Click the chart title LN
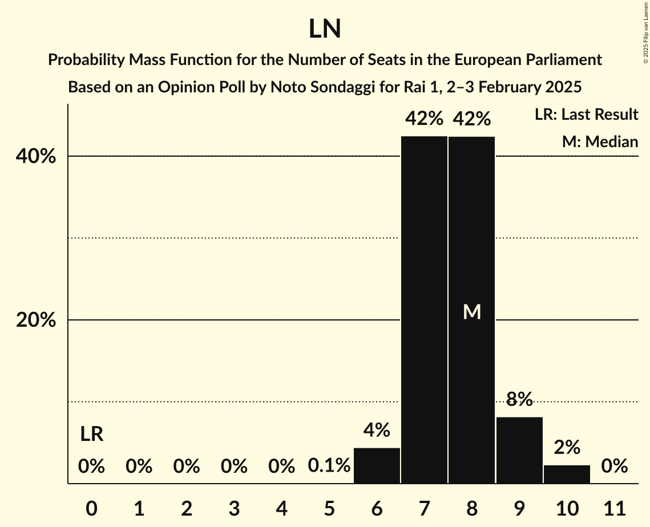point(325,30)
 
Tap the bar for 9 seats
point(519,450)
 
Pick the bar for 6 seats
point(377,465)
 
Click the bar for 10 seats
point(567,474)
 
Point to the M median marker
point(472,311)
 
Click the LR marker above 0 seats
point(91,435)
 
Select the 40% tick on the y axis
point(36,156)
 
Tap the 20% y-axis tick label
point(36,321)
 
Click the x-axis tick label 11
point(615,507)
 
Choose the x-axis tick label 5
point(329,507)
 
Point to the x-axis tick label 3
point(234,507)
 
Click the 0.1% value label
point(329,467)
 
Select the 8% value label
point(519,399)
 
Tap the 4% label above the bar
point(377,430)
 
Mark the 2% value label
point(567,447)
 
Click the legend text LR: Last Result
point(586,115)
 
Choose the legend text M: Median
point(600,141)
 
